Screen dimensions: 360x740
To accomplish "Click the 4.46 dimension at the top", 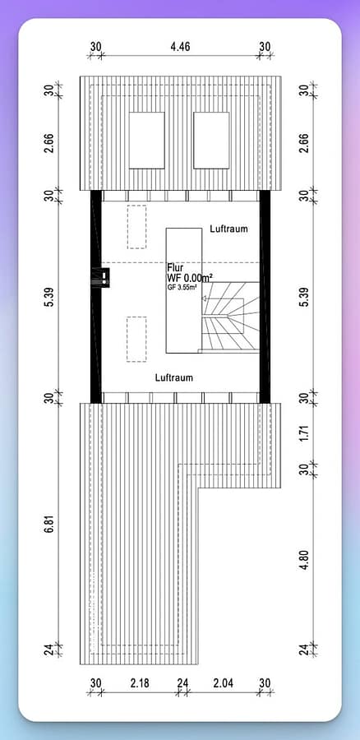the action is click(181, 46).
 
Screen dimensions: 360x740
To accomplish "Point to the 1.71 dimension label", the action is click(304, 433).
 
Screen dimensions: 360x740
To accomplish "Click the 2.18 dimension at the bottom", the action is click(140, 683).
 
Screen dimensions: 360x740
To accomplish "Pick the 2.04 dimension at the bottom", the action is click(222, 683).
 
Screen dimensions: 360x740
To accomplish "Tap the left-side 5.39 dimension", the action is click(50, 297).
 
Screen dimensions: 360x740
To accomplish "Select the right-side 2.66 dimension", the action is click(304, 140).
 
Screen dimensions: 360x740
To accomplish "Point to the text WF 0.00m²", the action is click(190, 279).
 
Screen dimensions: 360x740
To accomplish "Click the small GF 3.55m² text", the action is click(182, 286).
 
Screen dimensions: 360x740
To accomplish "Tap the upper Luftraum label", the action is click(228, 229).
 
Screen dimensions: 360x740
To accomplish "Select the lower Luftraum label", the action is click(174, 377).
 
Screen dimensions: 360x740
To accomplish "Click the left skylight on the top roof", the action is click(147, 140).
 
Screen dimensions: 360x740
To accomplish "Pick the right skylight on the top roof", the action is click(211, 140).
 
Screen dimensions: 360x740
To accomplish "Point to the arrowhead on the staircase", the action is click(205, 298).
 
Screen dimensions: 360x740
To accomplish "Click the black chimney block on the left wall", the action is click(104, 278).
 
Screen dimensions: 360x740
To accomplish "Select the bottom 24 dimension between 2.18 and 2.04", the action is click(182, 683).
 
